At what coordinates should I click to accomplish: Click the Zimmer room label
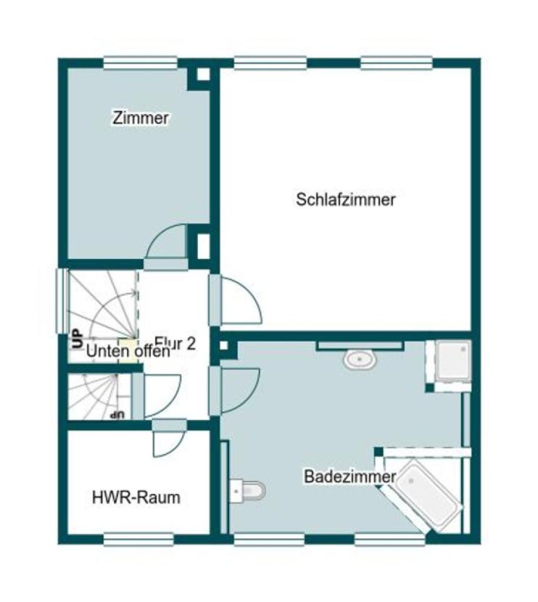pos(141,117)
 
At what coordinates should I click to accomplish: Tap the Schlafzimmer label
pos(346,199)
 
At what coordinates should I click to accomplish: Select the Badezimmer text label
pos(349,477)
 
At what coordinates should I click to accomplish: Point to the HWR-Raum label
pos(136,498)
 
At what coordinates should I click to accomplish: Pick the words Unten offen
pos(128,352)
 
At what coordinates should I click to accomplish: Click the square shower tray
pos(452,360)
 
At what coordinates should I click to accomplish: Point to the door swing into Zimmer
pos(167,243)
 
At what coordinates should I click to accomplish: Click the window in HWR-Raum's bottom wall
pos(138,539)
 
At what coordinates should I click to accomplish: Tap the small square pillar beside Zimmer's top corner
pos(203,73)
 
